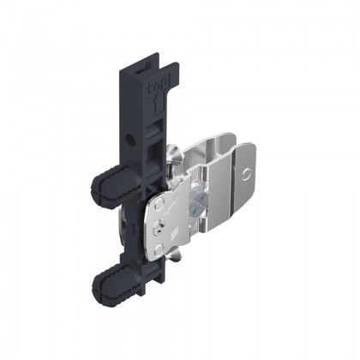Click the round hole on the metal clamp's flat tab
coord(246,172)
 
